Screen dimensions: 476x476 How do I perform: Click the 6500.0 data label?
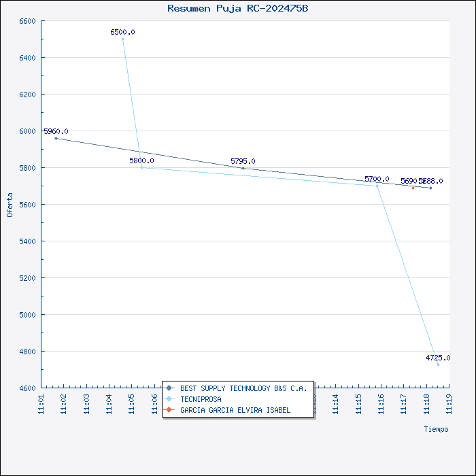click(x=122, y=32)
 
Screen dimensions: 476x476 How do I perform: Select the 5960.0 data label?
click(x=56, y=131)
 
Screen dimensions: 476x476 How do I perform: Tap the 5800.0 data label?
click(x=141, y=160)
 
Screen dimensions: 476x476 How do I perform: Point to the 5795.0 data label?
click(x=243, y=161)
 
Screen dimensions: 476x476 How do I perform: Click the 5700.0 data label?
click(x=377, y=179)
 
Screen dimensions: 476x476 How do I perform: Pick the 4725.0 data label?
click(x=438, y=358)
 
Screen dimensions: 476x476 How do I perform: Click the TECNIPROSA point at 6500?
click(x=122, y=39)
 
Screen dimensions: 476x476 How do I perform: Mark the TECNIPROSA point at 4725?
click(x=438, y=365)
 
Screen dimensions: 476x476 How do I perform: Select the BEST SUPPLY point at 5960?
click(x=56, y=138)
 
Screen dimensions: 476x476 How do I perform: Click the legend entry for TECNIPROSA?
click(x=201, y=399)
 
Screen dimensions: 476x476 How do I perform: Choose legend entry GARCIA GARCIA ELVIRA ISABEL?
click(x=235, y=410)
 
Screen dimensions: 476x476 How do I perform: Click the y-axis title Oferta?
click(x=10, y=204)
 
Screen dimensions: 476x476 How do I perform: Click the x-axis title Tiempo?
click(x=436, y=429)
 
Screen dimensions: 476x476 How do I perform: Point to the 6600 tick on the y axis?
click(x=27, y=21)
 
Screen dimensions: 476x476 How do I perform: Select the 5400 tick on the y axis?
click(x=27, y=241)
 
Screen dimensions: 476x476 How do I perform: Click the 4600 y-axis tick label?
click(x=27, y=388)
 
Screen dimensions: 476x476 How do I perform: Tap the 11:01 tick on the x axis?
click(x=41, y=404)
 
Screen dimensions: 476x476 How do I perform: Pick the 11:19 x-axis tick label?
click(x=449, y=404)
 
